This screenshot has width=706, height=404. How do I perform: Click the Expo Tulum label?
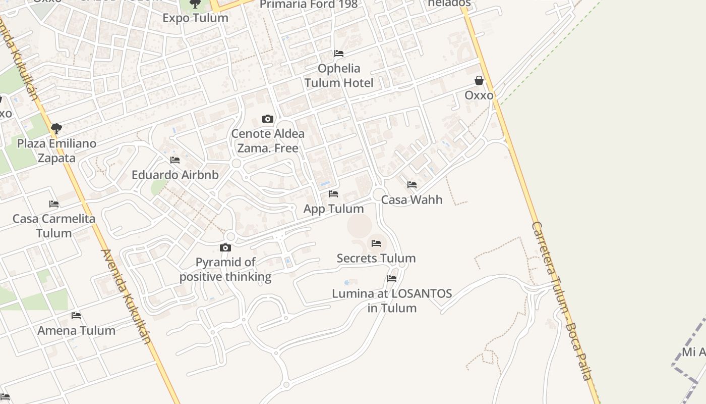coord(195,18)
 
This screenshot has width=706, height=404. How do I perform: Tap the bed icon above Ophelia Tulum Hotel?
coord(339,54)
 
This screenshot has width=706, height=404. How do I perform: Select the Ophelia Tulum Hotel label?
coord(339,76)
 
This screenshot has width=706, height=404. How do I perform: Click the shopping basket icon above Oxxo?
coord(479,80)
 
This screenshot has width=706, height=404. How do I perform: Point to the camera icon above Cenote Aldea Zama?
coord(268,119)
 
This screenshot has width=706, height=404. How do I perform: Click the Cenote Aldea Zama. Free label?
coord(268,141)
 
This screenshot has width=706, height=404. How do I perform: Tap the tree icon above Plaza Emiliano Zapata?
coord(56,129)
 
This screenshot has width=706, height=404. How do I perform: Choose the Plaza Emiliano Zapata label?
coord(56,150)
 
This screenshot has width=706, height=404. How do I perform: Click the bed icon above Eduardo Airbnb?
coord(175,160)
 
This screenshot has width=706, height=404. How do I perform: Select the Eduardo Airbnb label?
coord(175,175)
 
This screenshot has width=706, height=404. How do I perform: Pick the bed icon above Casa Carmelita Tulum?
coord(54,204)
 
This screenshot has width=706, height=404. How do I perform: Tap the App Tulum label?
coord(333,209)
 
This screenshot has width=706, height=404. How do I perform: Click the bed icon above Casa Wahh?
coord(412,185)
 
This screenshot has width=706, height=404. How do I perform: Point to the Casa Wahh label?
coord(411,199)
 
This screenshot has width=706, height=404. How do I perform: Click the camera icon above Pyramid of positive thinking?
coord(225,247)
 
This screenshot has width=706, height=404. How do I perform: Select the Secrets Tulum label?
coord(376,258)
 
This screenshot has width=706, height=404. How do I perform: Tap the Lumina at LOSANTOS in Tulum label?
coord(392,300)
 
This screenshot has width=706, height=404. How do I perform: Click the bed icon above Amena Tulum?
coord(76,316)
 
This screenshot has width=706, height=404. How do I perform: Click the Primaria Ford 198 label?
coord(309,5)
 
